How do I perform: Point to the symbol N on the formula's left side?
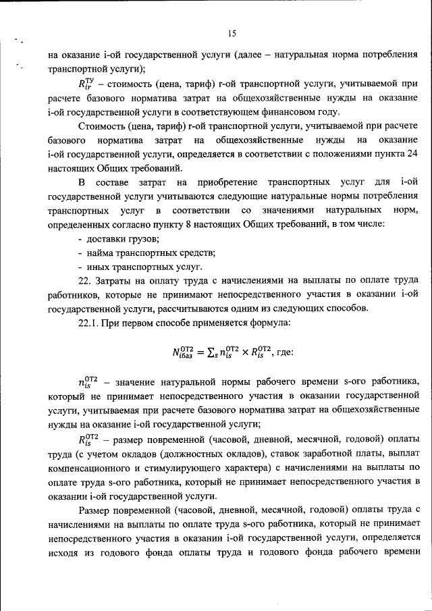(176, 352)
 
